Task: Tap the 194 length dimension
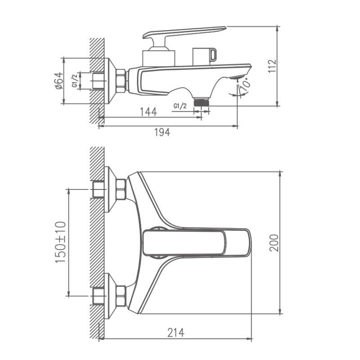[162, 133]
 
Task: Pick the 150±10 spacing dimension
[60, 243]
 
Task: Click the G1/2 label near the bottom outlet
[180, 106]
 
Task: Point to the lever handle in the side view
[184, 32]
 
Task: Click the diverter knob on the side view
[205, 55]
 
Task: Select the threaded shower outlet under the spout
[202, 102]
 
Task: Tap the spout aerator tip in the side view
[238, 77]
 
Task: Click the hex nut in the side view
[121, 81]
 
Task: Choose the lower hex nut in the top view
[121, 296]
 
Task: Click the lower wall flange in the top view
[108, 296]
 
